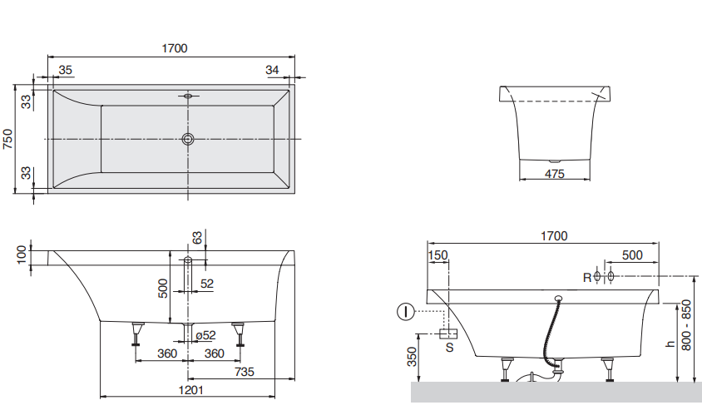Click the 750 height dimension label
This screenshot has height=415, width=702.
pyautogui.click(x=8, y=138)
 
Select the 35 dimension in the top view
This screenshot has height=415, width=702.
pyautogui.click(x=67, y=70)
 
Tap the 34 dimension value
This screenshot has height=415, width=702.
pyautogui.click(x=272, y=70)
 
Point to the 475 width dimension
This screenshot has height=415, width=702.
pyautogui.click(x=554, y=174)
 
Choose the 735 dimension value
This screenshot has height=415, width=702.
pyautogui.click(x=244, y=371)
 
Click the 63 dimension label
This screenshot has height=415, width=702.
pyautogui.click(x=197, y=238)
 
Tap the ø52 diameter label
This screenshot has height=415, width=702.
pyautogui.click(x=205, y=335)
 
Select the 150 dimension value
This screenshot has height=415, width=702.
pyautogui.click(x=438, y=255)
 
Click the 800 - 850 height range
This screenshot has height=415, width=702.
pyautogui.click(x=686, y=325)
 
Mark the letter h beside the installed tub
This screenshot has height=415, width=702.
pyautogui.click(x=670, y=343)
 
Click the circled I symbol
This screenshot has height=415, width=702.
pyautogui.click(x=404, y=313)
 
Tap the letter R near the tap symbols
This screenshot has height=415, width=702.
pyautogui.click(x=586, y=277)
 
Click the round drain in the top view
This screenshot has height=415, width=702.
pyautogui.click(x=188, y=139)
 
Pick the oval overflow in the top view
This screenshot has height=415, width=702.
pyautogui.click(x=188, y=96)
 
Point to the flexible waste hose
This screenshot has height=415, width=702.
pyautogui.click(x=550, y=333)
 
